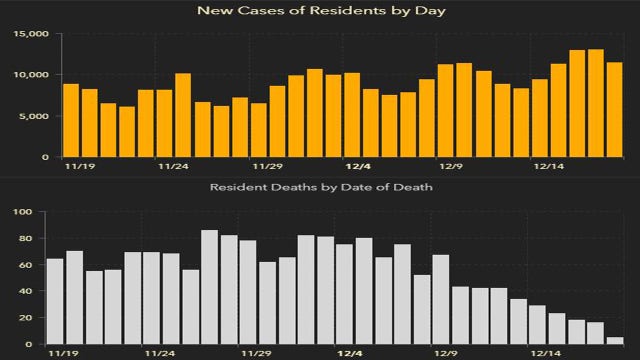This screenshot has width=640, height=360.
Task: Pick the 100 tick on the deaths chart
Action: (27, 212)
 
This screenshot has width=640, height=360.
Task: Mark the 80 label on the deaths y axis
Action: (30, 239)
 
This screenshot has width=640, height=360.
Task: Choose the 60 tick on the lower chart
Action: (30, 265)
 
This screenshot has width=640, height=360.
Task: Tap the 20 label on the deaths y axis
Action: (30, 318)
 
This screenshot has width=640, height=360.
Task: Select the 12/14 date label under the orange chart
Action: (548, 168)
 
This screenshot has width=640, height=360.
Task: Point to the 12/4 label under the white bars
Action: (357, 353)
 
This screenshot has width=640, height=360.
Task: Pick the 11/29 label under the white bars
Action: (266, 353)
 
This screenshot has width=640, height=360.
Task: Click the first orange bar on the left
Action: (71, 120)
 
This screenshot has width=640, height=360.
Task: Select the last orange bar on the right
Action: (614, 109)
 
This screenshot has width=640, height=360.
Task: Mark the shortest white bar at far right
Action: (614, 340)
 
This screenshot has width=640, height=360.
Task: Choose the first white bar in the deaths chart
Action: (55, 301)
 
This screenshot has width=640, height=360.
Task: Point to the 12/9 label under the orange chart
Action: (451, 168)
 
